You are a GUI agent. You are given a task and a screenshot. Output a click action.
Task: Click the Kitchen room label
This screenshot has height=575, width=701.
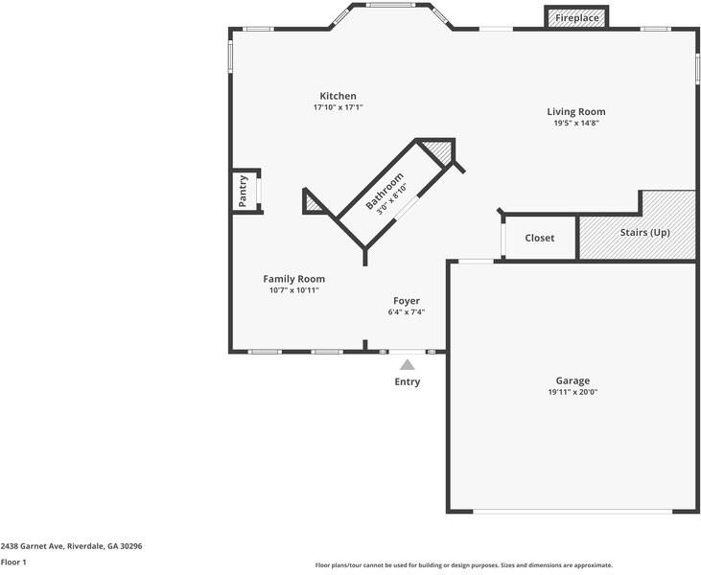(x=338, y=96)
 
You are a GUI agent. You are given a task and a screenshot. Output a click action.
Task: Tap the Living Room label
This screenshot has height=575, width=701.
(x=576, y=111)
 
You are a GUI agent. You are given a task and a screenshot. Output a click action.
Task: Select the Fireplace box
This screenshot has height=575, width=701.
(x=577, y=18)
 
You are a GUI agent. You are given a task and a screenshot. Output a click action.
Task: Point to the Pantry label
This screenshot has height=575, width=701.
(x=244, y=190)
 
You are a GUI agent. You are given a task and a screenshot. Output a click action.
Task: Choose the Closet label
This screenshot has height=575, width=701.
(x=539, y=238)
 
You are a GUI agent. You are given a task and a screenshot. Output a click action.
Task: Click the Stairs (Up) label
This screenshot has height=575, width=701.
(x=644, y=233)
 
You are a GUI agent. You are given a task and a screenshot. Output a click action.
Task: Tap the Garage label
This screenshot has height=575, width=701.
(x=572, y=380)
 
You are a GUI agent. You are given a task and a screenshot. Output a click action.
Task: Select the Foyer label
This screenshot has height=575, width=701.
(x=407, y=301)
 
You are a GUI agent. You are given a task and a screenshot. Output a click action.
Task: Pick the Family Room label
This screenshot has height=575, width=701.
(x=293, y=279)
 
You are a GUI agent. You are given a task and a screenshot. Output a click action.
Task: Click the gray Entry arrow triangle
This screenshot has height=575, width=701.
(x=407, y=364)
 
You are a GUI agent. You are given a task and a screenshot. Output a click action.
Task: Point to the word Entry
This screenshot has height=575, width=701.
(x=407, y=381)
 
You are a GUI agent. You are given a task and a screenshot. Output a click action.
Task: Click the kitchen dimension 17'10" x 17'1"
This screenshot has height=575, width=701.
(x=338, y=107)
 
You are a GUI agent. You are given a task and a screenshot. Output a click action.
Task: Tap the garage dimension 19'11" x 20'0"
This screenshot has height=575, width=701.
(x=572, y=392)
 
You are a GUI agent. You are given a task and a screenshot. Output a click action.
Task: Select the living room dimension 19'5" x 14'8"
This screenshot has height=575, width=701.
(x=576, y=123)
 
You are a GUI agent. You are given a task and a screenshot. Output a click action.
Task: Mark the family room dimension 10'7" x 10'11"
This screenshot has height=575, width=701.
(x=293, y=290)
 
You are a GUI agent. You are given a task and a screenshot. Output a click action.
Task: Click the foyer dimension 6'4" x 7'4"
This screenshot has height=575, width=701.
(x=407, y=312)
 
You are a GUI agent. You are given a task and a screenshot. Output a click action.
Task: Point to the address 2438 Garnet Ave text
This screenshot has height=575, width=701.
(x=71, y=546)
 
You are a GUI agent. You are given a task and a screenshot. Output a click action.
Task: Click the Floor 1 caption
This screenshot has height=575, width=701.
(x=13, y=563)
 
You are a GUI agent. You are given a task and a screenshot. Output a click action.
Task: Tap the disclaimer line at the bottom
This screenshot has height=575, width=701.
(x=463, y=565)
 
